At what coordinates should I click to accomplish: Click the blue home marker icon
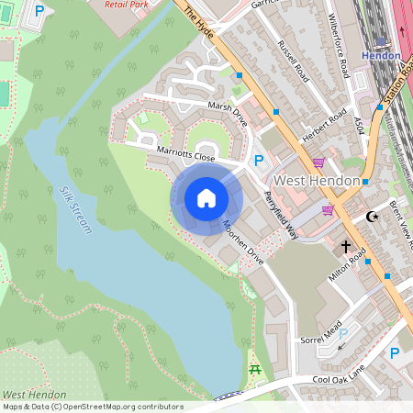pos(206,197)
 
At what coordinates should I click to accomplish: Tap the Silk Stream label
pos(76,210)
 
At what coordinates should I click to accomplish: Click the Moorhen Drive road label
pos(245,243)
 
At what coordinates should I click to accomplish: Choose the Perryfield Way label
pos(281,214)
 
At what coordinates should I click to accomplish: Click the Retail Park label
pos(127,5)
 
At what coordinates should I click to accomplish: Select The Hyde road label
pos(200,17)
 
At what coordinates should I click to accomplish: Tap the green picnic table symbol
pos(255,370)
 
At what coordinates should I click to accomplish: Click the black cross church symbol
pos(347,246)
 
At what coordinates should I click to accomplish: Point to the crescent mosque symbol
pos(372,217)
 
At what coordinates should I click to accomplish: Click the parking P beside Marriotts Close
pos(259,161)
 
